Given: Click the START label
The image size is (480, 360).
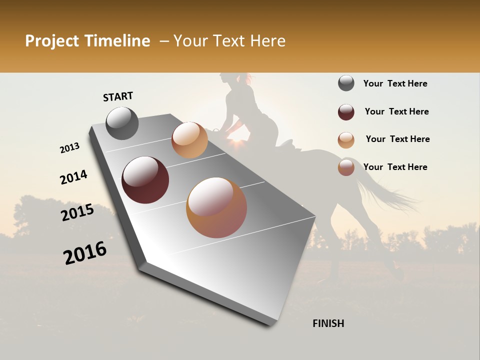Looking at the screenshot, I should pyautogui.click(x=118, y=96).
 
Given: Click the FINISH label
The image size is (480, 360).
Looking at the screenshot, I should pyautogui.click(x=328, y=323).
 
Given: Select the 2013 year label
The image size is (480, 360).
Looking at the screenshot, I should pyautogui.click(x=70, y=148).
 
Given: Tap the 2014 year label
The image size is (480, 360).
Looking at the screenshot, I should pyautogui.click(x=73, y=177).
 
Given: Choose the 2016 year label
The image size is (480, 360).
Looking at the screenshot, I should pyautogui.click(x=85, y=253).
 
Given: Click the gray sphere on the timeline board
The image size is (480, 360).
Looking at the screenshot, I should pyautogui.click(x=122, y=123).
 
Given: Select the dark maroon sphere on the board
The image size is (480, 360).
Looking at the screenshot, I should pyautogui.click(x=145, y=180).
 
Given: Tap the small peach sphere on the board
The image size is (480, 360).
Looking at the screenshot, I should pyautogui.click(x=189, y=140).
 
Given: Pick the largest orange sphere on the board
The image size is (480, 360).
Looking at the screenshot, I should pyautogui.click(x=216, y=207).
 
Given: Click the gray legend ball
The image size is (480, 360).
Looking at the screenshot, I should pyautogui.click(x=346, y=83).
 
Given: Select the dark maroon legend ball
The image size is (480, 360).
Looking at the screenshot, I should pyautogui.click(x=346, y=112).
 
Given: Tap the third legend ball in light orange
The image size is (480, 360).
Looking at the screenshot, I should pyautogui.click(x=346, y=140).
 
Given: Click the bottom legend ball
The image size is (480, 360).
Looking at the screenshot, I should pyautogui.click(x=346, y=167).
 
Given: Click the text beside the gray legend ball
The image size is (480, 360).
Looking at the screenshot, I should pyautogui.click(x=395, y=83).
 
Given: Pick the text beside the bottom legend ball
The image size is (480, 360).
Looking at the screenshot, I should pyautogui.click(x=395, y=167).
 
